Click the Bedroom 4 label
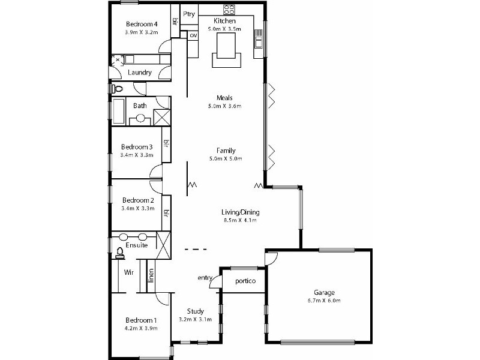141,24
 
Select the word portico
245,281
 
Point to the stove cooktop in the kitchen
229,10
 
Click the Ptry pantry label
190,14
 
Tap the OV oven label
193,35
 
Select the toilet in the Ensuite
119,253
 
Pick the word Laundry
140,73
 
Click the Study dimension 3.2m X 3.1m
195,319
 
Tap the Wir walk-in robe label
128,272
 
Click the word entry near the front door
205,277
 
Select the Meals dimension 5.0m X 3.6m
226,106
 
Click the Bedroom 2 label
139,200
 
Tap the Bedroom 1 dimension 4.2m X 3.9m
142,328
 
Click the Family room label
226,150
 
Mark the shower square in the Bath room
161,116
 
